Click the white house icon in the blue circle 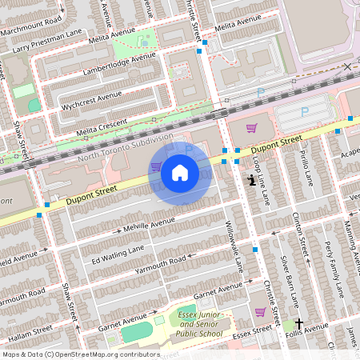point(180,171)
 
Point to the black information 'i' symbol point(252,181)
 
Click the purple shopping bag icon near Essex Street point(260,312)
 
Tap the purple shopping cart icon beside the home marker point(155,167)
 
